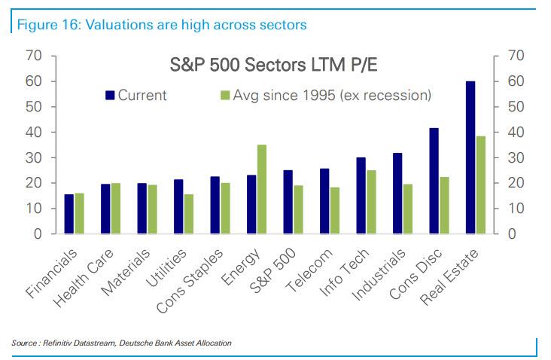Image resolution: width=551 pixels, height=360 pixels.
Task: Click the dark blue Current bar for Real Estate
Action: click(470, 157)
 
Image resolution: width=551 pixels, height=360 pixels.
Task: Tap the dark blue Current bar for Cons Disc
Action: click(434, 181)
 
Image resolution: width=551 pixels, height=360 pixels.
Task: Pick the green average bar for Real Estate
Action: click(481, 185)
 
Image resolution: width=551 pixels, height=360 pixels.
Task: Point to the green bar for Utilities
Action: click(188, 214)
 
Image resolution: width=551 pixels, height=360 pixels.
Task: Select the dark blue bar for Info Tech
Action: click(361, 196)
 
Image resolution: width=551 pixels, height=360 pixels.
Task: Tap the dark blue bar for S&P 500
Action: click(288, 202)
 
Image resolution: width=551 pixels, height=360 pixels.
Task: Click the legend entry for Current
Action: click(140, 95)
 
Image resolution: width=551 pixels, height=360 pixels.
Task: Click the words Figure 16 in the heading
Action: click(46, 25)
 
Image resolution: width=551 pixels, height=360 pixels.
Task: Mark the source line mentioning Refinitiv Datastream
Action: click(121, 343)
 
